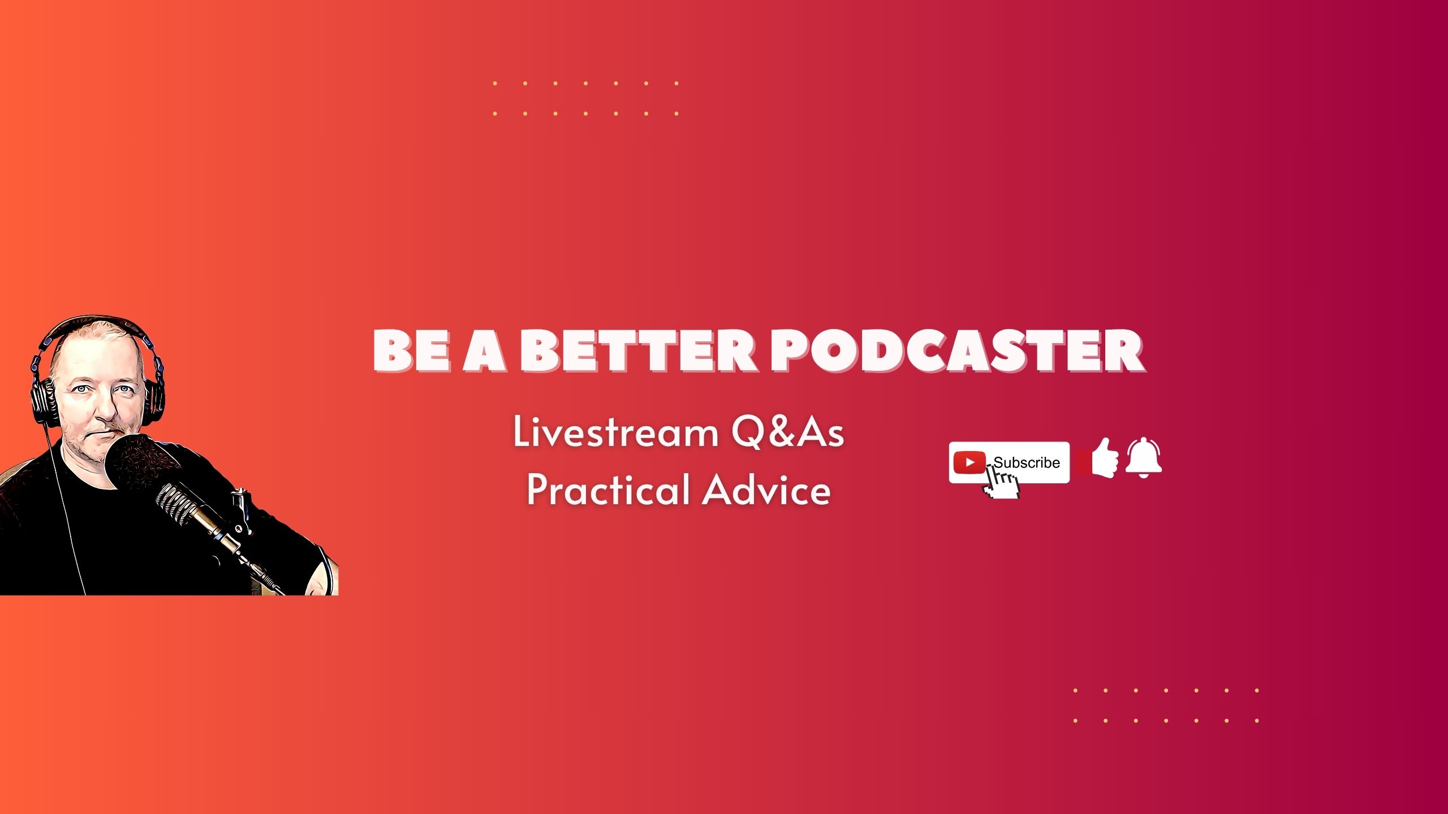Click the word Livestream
pos(615,433)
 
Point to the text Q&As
pos(787,433)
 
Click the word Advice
pos(767,489)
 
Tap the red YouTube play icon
pos(969,462)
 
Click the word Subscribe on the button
pos(1027,462)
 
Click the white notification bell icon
pos(1143,458)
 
